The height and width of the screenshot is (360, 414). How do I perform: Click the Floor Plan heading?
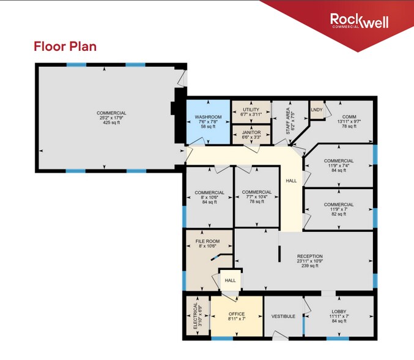coord(65,46)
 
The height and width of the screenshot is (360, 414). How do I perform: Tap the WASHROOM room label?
coord(207,116)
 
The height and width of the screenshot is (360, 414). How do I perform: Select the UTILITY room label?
coord(251,109)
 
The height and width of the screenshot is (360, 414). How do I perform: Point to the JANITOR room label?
coord(251,132)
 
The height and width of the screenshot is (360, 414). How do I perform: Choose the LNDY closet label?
coord(316,110)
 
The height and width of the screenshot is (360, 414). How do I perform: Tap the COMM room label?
coord(349,116)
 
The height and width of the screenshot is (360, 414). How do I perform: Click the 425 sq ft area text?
coord(111,122)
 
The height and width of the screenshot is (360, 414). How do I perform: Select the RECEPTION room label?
coord(309,257)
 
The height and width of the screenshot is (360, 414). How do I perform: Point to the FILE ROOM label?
coord(207,241)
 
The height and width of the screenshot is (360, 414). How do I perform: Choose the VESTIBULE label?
coord(283,317)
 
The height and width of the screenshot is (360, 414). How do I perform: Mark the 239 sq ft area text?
coord(309,268)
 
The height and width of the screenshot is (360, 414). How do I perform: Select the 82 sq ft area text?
coord(338,214)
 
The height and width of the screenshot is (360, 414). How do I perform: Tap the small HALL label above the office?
coord(230,280)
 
